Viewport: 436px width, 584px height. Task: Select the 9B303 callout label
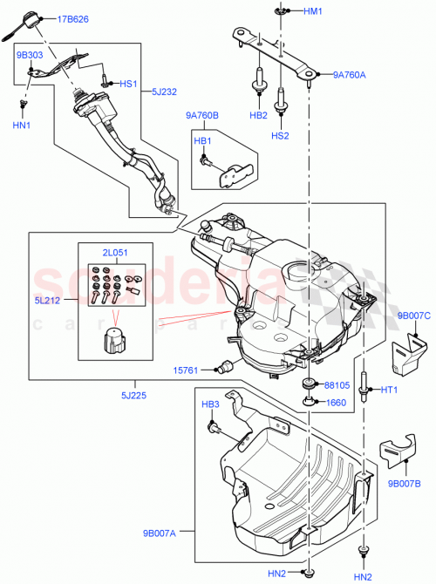click(30, 54)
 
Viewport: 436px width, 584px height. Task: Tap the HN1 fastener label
click(23, 125)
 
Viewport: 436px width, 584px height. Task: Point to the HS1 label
click(129, 85)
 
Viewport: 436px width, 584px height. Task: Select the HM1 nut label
click(313, 11)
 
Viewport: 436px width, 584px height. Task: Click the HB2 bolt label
click(259, 115)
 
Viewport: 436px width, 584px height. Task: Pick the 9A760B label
click(201, 114)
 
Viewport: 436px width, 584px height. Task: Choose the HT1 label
click(389, 390)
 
